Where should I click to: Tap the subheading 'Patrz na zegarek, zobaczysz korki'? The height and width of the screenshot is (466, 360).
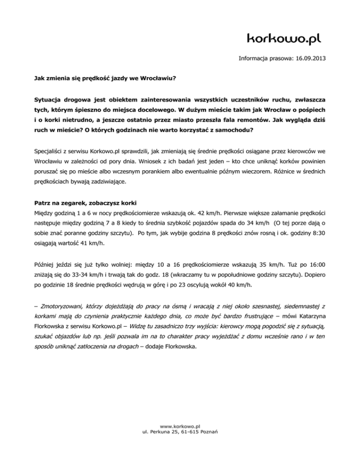tap(91, 204)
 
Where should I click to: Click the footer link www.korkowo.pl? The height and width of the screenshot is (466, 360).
tap(180, 426)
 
